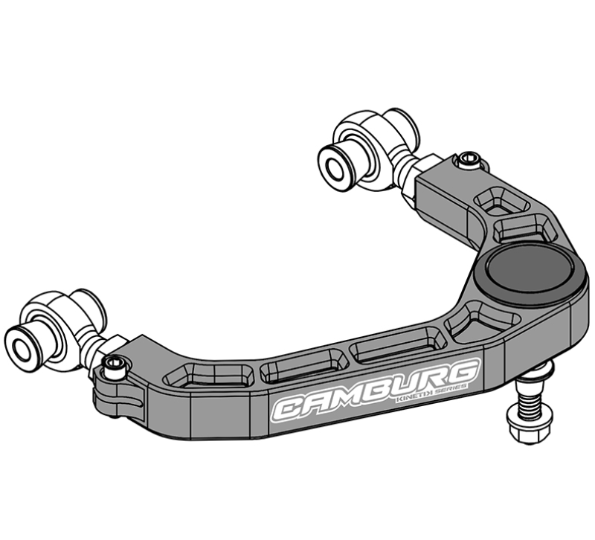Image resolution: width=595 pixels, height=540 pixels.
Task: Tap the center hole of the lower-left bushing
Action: [x=20, y=344]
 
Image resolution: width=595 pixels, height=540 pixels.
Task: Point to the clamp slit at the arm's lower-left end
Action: [x=123, y=402]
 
